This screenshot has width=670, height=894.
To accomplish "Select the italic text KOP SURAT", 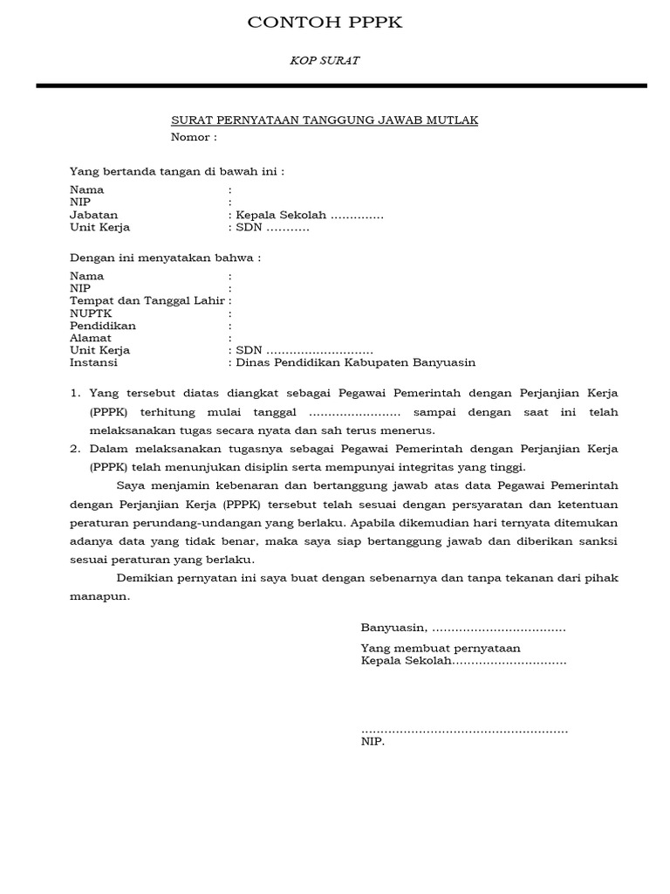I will pos(325,61).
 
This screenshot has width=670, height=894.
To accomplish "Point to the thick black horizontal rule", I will pos(341,86).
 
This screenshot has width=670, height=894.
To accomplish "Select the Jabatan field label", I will pos(93,215).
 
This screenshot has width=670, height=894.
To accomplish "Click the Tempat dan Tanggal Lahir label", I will pos(147,301).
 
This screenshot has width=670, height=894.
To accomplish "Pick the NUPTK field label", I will pos(89,313).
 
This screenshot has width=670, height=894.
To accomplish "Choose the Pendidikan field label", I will pos(102,326).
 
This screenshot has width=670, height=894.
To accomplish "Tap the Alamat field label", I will pos(90,338).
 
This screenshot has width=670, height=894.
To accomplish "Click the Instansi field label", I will pos(93,362).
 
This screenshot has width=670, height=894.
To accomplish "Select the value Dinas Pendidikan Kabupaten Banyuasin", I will pos(354,362).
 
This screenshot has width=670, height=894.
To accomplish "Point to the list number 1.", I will pos(75,395).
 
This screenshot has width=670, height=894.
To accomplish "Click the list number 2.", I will pos(75,449).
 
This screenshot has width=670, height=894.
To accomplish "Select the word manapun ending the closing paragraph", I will pos(99,597).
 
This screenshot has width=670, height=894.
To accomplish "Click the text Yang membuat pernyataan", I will pos(440,648).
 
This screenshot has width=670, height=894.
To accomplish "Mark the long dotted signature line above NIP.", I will pos(464,730).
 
